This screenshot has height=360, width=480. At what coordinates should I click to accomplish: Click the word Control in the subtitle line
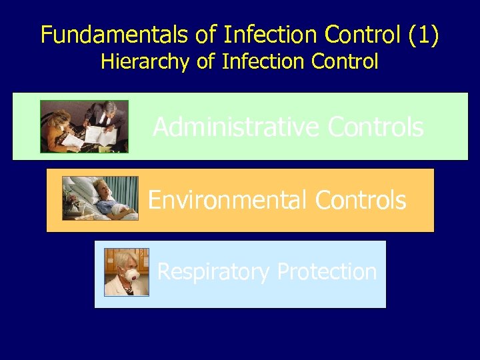tap(345, 62)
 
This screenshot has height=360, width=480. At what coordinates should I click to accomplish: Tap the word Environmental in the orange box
tap(229, 199)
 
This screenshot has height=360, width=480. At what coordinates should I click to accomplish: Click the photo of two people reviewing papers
tap(84, 127)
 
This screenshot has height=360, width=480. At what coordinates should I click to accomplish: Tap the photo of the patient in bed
tap(100, 198)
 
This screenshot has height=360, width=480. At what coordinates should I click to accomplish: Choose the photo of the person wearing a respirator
tap(127, 272)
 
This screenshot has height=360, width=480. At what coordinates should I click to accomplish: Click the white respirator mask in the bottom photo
tap(132, 275)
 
